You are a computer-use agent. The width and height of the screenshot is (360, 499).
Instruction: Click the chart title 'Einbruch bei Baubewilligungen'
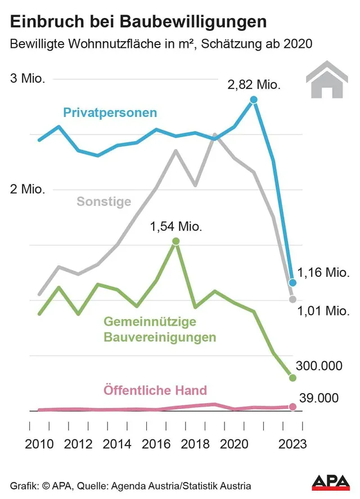(138, 21)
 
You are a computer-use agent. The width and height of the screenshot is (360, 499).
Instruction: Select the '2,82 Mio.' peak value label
(253, 85)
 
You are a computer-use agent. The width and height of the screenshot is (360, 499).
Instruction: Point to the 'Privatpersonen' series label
(110, 113)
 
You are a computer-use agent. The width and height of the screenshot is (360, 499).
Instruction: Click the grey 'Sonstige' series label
(103, 201)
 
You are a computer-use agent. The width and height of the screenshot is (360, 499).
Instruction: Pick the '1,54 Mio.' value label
(175, 227)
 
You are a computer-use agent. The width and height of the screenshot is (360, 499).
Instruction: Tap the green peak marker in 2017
(175, 241)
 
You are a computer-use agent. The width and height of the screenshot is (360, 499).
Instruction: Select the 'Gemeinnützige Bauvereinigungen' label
(160, 330)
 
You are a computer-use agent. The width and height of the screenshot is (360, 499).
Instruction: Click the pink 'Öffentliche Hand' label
(155, 390)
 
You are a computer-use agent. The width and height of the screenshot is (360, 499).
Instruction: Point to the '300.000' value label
(319, 366)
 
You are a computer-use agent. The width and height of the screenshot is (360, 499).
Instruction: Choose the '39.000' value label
(318, 398)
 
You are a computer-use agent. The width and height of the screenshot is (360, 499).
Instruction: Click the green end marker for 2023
(292, 377)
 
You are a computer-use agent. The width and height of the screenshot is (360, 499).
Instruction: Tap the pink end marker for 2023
(292, 407)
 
